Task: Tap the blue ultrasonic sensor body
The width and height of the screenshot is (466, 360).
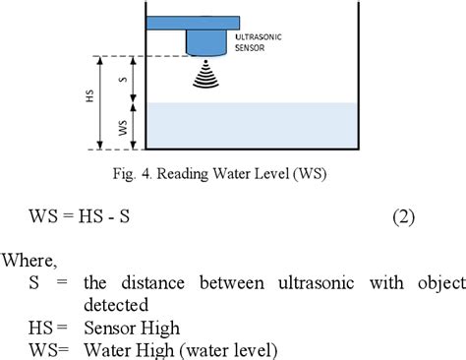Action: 206,41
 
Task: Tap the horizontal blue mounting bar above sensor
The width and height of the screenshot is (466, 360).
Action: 193,21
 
